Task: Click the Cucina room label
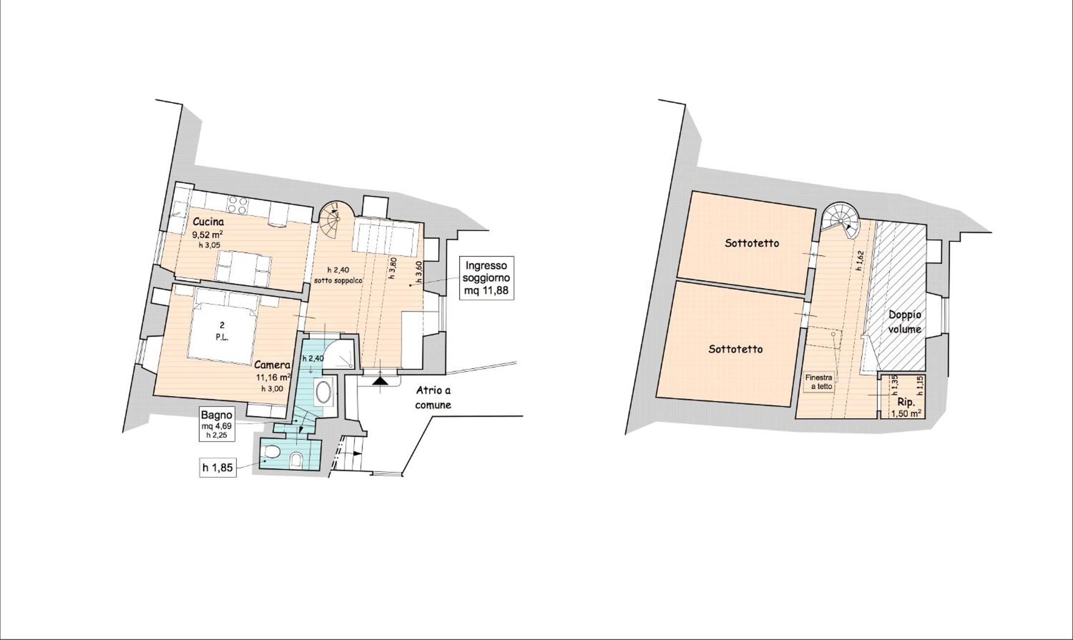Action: (208, 221)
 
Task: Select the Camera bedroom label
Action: (272, 365)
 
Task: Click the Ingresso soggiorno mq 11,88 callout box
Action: (486, 278)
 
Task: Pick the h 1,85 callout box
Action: (217, 468)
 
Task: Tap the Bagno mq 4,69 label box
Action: (217, 424)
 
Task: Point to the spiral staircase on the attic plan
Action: (839, 221)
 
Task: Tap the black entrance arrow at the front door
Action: (380, 380)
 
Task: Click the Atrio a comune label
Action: (433, 398)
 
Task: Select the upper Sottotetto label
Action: (752, 243)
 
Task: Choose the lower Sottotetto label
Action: (735, 349)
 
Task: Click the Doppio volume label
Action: (905, 322)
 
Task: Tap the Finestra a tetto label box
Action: (819, 382)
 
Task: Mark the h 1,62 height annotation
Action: (860, 261)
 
